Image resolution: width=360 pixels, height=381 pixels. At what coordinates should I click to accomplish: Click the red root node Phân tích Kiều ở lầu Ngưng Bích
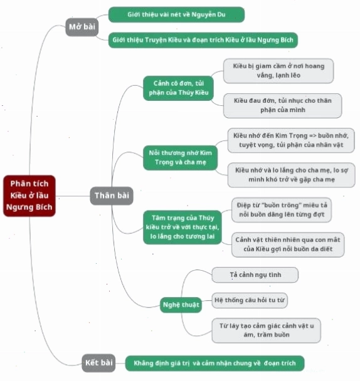pyautogui.click(x=29, y=196)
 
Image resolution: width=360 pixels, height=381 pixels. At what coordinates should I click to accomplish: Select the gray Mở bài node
pyautogui.click(x=82, y=27)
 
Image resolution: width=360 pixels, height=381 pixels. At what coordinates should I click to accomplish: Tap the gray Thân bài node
pyautogui.click(x=112, y=196)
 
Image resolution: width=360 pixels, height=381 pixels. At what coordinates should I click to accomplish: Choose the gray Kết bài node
pyautogui.click(x=98, y=363)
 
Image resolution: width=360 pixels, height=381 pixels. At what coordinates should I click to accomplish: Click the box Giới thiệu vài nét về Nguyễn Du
pyautogui.click(x=176, y=14)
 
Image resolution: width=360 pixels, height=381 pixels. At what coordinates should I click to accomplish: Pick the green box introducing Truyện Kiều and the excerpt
pyautogui.click(x=203, y=40)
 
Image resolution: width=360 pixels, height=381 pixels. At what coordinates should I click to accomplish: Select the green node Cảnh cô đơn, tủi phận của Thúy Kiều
pyautogui.click(x=178, y=88)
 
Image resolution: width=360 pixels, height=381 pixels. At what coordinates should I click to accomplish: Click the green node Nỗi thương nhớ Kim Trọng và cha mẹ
pyautogui.click(x=180, y=158)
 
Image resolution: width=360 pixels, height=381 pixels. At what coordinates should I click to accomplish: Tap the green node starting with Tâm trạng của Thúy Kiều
pyautogui.click(x=183, y=227)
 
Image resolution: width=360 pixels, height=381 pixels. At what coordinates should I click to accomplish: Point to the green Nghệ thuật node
pyautogui.click(x=181, y=305)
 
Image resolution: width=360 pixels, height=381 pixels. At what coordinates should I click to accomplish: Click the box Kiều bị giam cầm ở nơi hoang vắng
pyautogui.click(x=278, y=71)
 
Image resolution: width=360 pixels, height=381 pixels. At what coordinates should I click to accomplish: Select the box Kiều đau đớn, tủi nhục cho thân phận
pyautogui.click(x=283, y=105)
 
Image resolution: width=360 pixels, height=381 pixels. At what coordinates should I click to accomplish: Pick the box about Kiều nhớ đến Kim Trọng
pyautogui.click(x=291, y=140)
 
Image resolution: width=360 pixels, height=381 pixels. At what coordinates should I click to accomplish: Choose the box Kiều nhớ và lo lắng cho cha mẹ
pyautogui.click(x=291, y=175)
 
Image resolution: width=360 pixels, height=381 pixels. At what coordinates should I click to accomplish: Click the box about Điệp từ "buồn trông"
pyautogui.click(x=282, y=210)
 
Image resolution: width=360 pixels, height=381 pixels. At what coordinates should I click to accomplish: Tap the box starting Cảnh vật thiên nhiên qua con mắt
pyautogui.click(x=288, y=244)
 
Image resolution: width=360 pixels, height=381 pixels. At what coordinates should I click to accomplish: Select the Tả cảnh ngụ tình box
pyautogui.click(x=255, y=275)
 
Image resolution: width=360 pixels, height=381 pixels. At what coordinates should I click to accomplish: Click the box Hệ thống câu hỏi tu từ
pyautogui.click(x=250, y=300)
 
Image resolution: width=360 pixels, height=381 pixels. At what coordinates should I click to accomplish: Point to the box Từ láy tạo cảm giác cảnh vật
pyautogui.click(x=267, y=330)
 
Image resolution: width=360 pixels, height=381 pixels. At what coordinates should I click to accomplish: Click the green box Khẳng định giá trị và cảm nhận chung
pyautogui.click(x=214, y=363)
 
